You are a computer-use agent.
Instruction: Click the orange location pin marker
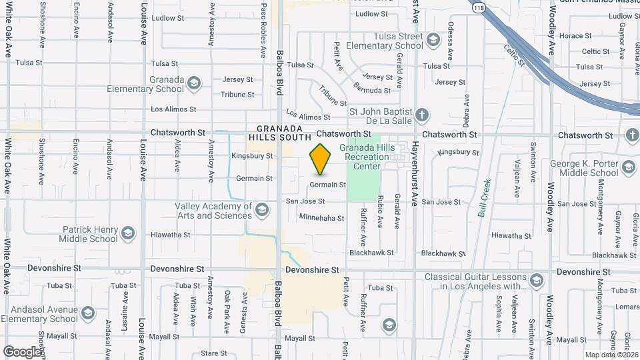tap(321, 159)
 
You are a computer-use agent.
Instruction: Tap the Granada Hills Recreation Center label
tap(364, 156)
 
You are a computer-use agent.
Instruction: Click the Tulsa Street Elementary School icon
tap(434, 41)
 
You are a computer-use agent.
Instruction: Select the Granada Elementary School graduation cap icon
tap(194, 83)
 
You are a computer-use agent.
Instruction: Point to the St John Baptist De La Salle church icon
tap(421, 116)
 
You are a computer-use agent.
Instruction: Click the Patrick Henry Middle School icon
tap(128, 233)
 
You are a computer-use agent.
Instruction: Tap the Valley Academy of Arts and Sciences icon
tap(262, 211)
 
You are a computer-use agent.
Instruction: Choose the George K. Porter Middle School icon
tap(627, 167)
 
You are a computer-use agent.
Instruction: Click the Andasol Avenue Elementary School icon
tap(89, 313)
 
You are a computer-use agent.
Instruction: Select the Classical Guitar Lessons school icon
tap(537, 281)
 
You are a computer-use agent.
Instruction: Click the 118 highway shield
tap(480, 8)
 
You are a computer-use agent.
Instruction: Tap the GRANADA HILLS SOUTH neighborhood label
tap(275, 132)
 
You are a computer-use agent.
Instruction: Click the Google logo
tap(22, 351)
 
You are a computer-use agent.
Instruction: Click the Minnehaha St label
tap(321, 218)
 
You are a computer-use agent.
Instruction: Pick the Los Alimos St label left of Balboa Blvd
tap(173, 109)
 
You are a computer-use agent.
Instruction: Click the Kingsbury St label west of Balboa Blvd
tap(252, 156)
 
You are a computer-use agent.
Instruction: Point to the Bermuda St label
tap(372, 90)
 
